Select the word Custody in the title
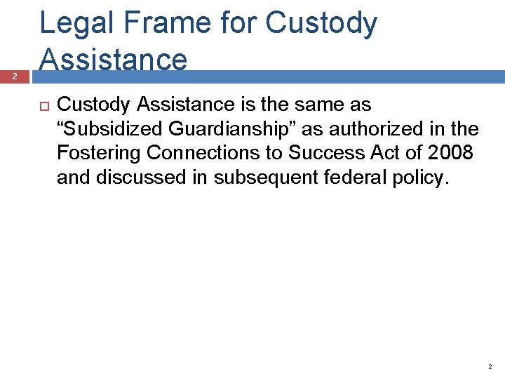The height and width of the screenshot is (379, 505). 323,24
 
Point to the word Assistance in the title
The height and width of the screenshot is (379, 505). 114,59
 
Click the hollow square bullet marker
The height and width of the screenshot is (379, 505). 42,105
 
